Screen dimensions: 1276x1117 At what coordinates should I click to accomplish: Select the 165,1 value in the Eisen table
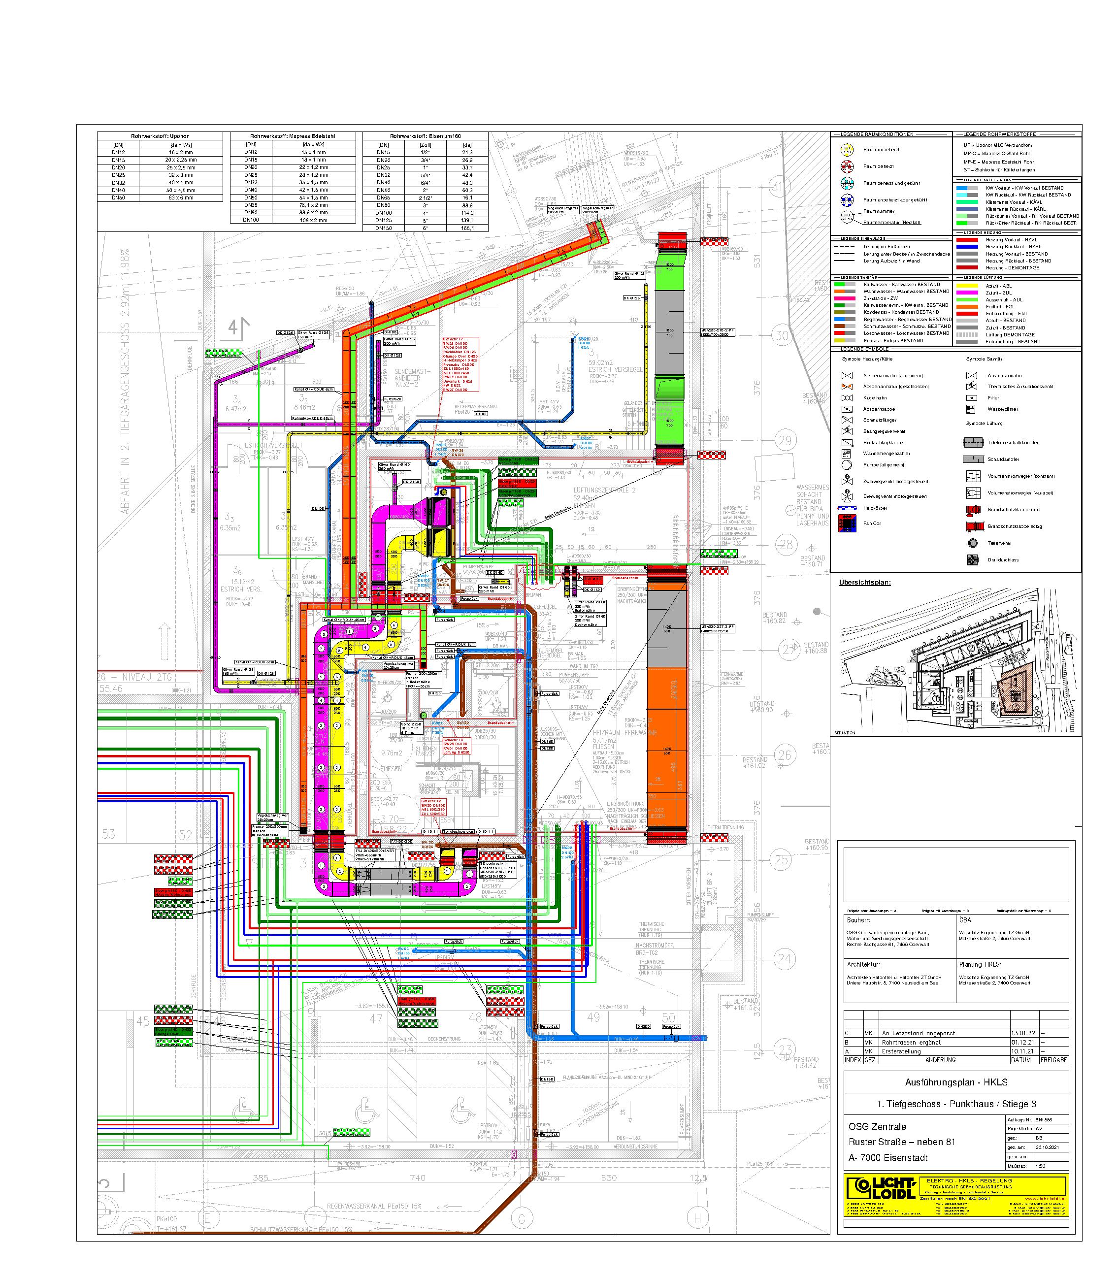tap(467, 228)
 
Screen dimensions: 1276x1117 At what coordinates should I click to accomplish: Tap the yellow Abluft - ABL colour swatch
tap(968, 286)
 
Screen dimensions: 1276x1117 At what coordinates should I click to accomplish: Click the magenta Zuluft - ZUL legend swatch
tap(968, 293)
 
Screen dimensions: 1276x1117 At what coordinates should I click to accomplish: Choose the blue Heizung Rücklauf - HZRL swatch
tap(968, 247)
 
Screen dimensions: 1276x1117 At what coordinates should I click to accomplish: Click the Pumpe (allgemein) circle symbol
tap(847, 465)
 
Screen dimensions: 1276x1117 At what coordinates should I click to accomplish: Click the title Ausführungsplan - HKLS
tap(956, 1082)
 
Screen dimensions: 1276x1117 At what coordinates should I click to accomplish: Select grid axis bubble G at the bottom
tap(521, 1219)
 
